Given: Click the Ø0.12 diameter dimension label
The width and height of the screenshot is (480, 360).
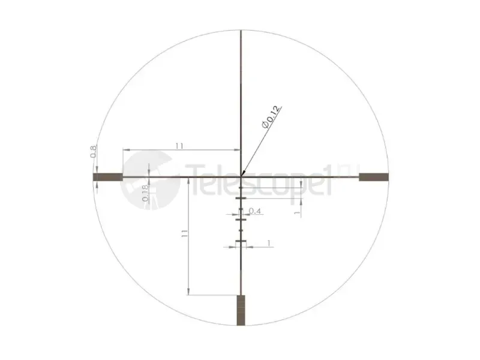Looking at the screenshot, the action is point(271,117).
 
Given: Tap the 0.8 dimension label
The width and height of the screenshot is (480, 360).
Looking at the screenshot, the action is point(94,152).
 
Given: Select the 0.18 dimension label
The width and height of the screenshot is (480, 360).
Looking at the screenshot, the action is point(145,193).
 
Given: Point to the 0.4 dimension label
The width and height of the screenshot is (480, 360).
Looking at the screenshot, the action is point(254,211).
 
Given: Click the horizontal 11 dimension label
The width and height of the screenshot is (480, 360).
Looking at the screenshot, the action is point(179,146).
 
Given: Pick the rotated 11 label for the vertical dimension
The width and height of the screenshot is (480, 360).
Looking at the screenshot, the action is point(184,234).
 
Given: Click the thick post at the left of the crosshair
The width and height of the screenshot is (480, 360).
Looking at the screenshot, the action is point(108,177).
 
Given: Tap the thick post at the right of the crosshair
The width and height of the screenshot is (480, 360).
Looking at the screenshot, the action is point(374,177).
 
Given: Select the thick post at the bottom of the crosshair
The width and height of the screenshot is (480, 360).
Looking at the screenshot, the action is point(241,310).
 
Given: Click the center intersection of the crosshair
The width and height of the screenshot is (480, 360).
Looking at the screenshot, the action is point(241,176).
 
